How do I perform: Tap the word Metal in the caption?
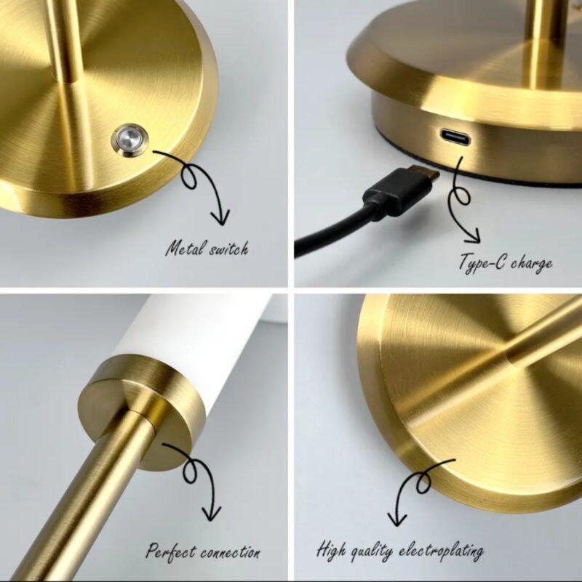coord(183,249)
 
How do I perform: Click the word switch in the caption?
coord(226,249)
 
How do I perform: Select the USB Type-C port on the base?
coord(454,137)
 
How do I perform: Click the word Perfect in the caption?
coord(172,551)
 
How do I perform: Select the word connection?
coord(231,551)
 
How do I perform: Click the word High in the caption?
coord(332,550)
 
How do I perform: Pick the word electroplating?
coord(443,551)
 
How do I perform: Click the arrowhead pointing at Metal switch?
coord(219,217)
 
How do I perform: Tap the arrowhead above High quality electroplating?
coord(397,517)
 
